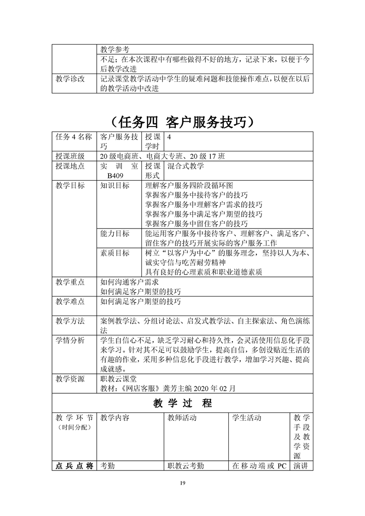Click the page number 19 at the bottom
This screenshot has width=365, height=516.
183,482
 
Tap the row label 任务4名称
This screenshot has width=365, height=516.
74,137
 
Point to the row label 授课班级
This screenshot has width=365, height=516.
70,155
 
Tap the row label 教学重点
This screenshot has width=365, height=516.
70,282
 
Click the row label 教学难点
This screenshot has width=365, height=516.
70,302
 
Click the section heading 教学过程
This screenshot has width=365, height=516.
182,403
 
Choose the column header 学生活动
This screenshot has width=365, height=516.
247,418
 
